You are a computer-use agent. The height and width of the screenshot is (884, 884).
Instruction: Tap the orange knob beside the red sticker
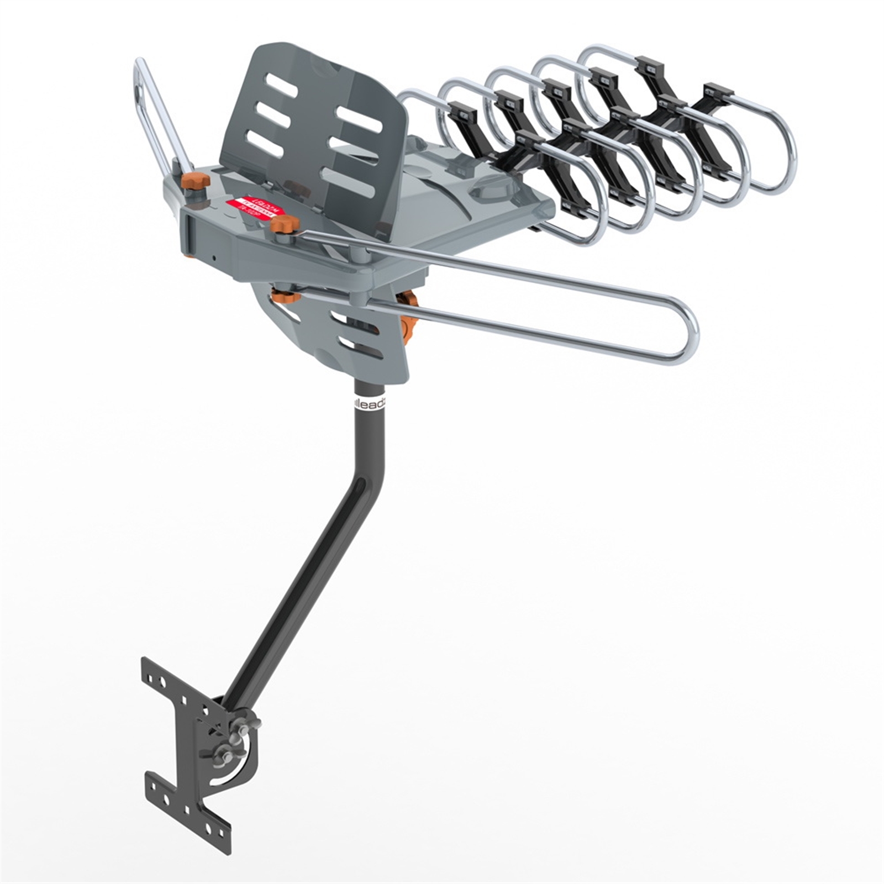[x=285, y=225]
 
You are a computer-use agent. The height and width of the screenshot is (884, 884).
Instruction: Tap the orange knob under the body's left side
[x=286, y=297]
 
